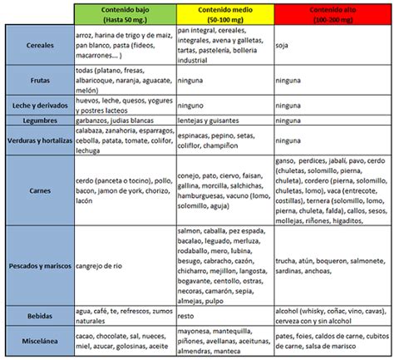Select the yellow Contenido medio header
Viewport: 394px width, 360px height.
tap(224, 13)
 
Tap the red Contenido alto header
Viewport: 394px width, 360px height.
tap(328, 13)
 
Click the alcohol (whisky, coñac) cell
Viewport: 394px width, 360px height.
tap(328, 316)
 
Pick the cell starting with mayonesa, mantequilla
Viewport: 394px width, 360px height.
tap(223, 342)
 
